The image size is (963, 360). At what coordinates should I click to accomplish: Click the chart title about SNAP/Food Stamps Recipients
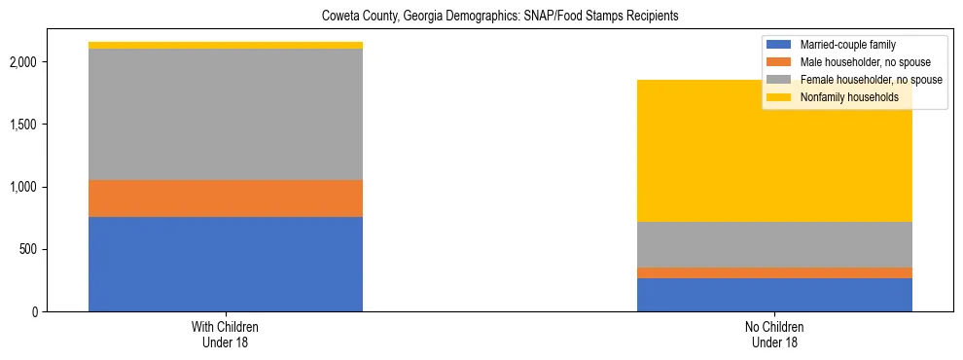coord(481,16)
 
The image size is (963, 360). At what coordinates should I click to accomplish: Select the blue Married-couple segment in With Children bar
coord(226,264)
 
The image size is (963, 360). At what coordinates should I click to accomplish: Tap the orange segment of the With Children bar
coord(226,198)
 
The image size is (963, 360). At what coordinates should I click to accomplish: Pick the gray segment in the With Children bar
coord(226,115)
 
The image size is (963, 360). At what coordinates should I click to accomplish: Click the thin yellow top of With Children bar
coord(226,45)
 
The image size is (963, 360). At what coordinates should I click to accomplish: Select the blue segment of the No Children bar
coord(774,295)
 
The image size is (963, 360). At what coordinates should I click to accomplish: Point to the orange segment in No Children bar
coord(774,272)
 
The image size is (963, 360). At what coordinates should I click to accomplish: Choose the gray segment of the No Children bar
coord(774,244)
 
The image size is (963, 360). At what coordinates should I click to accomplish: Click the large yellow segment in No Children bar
coord(774,156)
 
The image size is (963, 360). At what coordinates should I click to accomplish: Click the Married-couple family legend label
coord(847,45)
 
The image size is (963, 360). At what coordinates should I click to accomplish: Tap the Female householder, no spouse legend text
coord(871,80)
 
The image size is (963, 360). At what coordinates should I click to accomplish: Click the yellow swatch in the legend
coord(780,97)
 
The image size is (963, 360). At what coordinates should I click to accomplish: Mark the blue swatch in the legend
coord(780,45)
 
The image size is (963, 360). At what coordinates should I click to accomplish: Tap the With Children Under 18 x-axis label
coord(226,335)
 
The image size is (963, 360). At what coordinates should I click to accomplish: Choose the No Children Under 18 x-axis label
coord(774,335)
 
